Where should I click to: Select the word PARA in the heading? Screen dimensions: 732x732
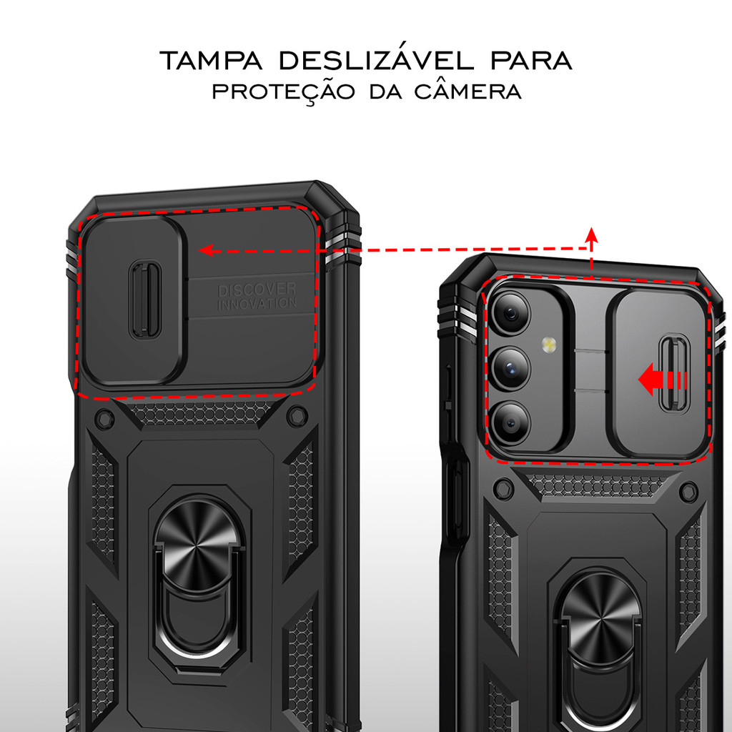(531, 61)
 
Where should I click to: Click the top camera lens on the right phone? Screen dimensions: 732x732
(510, 312)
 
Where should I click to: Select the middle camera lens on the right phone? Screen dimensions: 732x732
(510, 368)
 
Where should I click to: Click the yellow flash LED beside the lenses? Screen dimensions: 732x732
(549, 346)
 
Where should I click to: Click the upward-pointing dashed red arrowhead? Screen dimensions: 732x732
(590, 234)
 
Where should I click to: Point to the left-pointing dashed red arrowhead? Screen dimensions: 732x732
(207, 250)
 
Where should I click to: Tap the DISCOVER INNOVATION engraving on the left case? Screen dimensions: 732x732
(257, 296)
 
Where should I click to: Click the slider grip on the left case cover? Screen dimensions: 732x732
(145, 298)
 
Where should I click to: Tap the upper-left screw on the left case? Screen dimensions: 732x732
(104, 418)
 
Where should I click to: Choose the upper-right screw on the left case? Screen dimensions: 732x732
(296, 415)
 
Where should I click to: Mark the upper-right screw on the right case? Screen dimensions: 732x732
(688, 491)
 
